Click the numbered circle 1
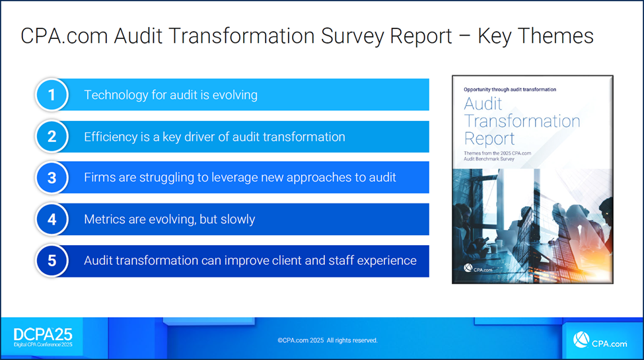click(x=52, y=95)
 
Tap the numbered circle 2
click(x=52, y=137)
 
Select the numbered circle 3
click(x=52, y=178)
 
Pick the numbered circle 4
click(x=52, y=219)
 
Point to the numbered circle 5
click(x=52, y=260)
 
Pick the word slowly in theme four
click(x=238, y=219)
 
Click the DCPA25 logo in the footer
click(x=43, y=338)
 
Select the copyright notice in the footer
click(x=328, y=340)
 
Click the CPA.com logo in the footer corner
click(x=600, y=341)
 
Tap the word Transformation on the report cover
click(x=522, y=122)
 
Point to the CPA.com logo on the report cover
click(x=478, y=269)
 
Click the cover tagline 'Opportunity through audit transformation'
click(x=510, y=89)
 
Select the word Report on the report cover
click(x=489, y=139)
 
